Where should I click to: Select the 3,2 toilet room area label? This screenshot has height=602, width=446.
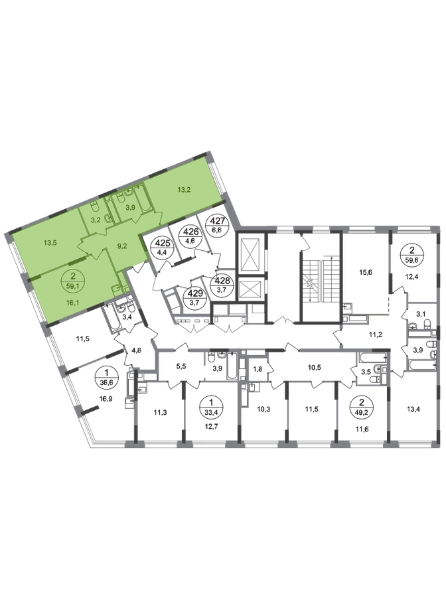click(x=95, y=217)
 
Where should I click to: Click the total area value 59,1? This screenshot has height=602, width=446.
click(x=73, y=287)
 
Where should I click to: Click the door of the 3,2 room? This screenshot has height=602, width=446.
click(x=100, y=230)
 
